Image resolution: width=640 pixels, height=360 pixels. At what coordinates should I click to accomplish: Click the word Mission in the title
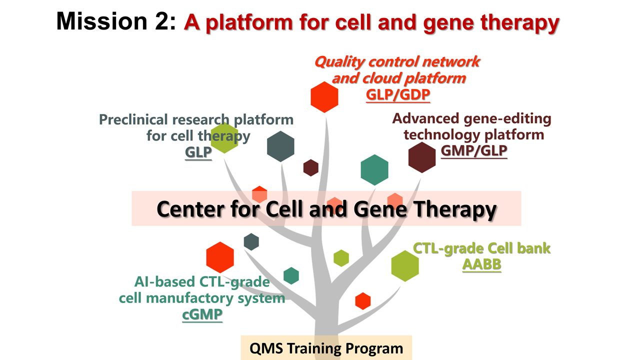click(101, 21)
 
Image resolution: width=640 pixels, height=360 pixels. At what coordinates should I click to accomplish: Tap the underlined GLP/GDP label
click(398, 95)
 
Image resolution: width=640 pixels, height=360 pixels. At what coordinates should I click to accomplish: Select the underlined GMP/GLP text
click(474, 150)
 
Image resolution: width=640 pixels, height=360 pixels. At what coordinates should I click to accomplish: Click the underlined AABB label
click(481, 264)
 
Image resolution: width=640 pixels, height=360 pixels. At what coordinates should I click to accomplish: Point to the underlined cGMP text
click(202, 314)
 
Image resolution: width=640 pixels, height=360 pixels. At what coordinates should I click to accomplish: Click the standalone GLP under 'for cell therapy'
click(198, 152)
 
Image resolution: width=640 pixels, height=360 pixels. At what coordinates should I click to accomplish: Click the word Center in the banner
click(191, 209)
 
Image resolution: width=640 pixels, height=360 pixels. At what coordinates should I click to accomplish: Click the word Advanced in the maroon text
click(425, 118)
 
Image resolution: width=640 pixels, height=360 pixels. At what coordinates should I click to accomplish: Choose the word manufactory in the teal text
click(189, 298)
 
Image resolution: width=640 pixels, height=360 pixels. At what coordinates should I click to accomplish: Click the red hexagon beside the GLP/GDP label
click(324, 97)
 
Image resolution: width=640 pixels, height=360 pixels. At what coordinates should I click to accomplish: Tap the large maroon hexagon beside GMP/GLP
click(421, 157)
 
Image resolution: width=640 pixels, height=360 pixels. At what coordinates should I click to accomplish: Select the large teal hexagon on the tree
click(374, 170)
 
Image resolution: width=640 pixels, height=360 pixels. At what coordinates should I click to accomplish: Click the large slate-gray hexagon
click(280, 146)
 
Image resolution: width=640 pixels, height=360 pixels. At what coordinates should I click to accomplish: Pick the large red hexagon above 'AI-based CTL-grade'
click(220, 257)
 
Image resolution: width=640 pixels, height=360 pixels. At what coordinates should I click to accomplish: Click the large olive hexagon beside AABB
click(405, 266)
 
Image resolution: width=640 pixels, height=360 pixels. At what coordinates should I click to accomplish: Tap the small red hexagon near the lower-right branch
click(363, 301)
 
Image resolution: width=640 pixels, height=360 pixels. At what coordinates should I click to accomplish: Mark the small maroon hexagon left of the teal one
click(311, 167)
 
